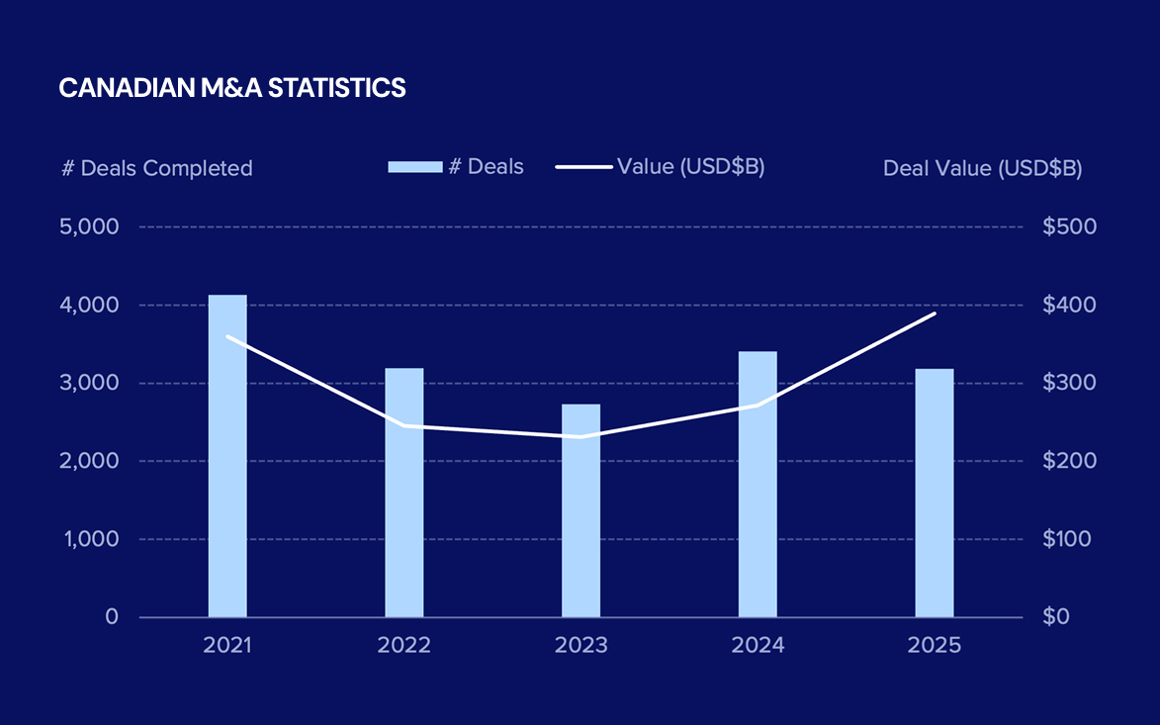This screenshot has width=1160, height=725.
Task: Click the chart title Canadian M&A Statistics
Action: [x=232, y=88]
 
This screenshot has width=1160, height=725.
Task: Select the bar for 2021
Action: [x=227, y=456]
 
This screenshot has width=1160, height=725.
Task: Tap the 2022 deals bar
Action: [x=403, y=493]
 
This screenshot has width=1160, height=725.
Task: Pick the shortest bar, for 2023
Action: [x=580, y=510]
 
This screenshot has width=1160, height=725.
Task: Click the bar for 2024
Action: [x=758, y=484]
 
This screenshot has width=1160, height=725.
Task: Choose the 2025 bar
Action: [x=935, y=493]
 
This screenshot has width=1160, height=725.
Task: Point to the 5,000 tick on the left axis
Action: [x=91, y=227]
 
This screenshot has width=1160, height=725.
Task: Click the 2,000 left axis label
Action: [x=91, y=461]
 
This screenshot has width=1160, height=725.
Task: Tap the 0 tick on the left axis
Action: [x=112, y=617]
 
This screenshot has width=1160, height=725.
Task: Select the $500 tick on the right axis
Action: [x=1069, y=227]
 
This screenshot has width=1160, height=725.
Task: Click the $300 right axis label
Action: [x=1069, y=383]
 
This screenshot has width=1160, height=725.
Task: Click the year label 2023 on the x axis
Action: [x=580, y=646]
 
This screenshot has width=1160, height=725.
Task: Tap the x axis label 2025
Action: [x=935, y=646]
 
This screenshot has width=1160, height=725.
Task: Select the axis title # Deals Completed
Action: [x=157, y=168]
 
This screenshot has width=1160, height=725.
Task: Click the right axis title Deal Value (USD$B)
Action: [x=982, y=168]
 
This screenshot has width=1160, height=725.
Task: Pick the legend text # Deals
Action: [x=486, y=166]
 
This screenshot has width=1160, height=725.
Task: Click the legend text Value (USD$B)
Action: [x=690, y=166]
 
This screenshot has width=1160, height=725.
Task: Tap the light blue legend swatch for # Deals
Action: [x=414, y=166]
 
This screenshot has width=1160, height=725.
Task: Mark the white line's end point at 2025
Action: [x=935, y=314]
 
